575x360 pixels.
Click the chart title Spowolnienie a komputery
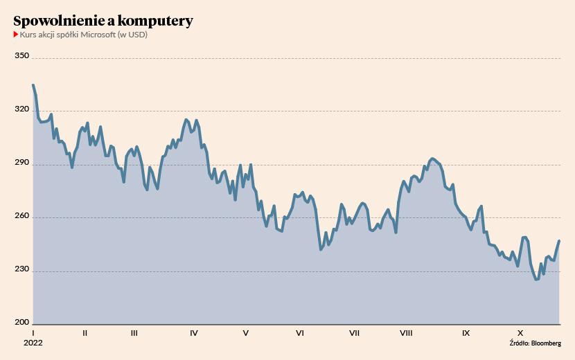coord(103,21)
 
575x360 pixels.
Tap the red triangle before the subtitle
coord(16,35)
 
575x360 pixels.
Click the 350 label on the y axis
coord(21,56)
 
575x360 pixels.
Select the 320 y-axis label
coord(21,109)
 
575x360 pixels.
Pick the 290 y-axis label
coord(21,163)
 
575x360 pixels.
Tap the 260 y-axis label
coord(21,216)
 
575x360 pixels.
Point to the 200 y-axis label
coord(21,323)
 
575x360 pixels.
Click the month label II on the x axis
coord(85,333)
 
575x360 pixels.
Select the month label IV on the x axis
coord(193,333)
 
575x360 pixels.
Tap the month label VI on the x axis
coord(300,333)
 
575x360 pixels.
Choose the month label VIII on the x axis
coord(406,333)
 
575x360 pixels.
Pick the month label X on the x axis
coord(520,333)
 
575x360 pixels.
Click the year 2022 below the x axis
coord(33,343)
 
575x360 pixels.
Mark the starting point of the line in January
coord(33,85)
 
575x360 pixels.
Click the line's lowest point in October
coord(536,279)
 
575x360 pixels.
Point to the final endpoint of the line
coord(559,241)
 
